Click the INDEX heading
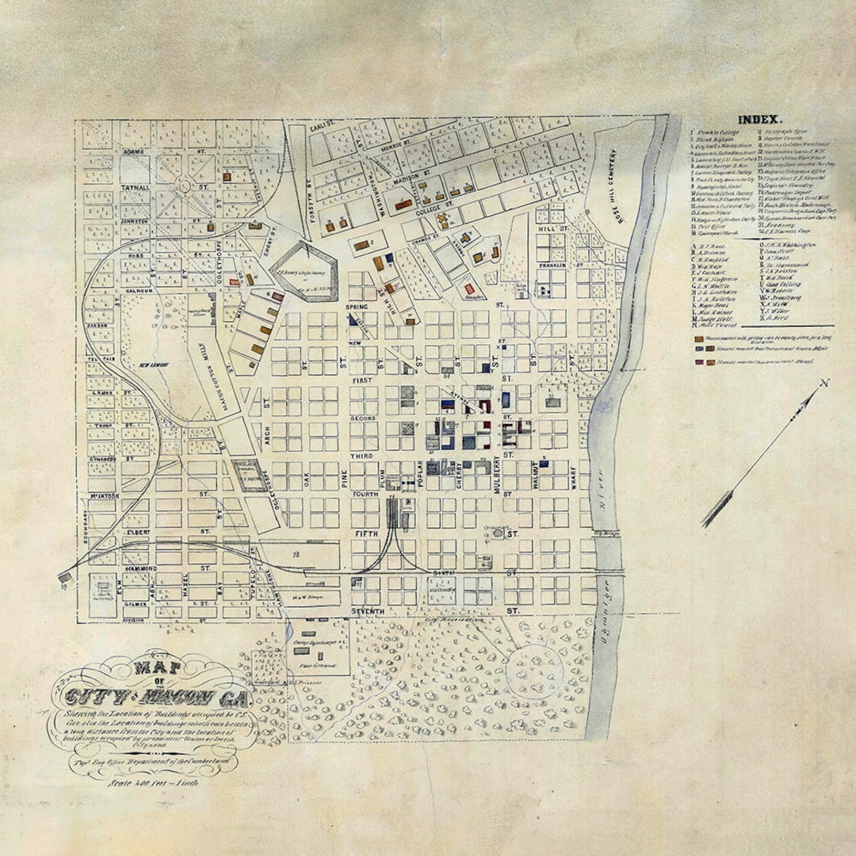tap(760, 120)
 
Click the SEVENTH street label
tap(365, 612)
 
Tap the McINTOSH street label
tap(103, 497)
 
